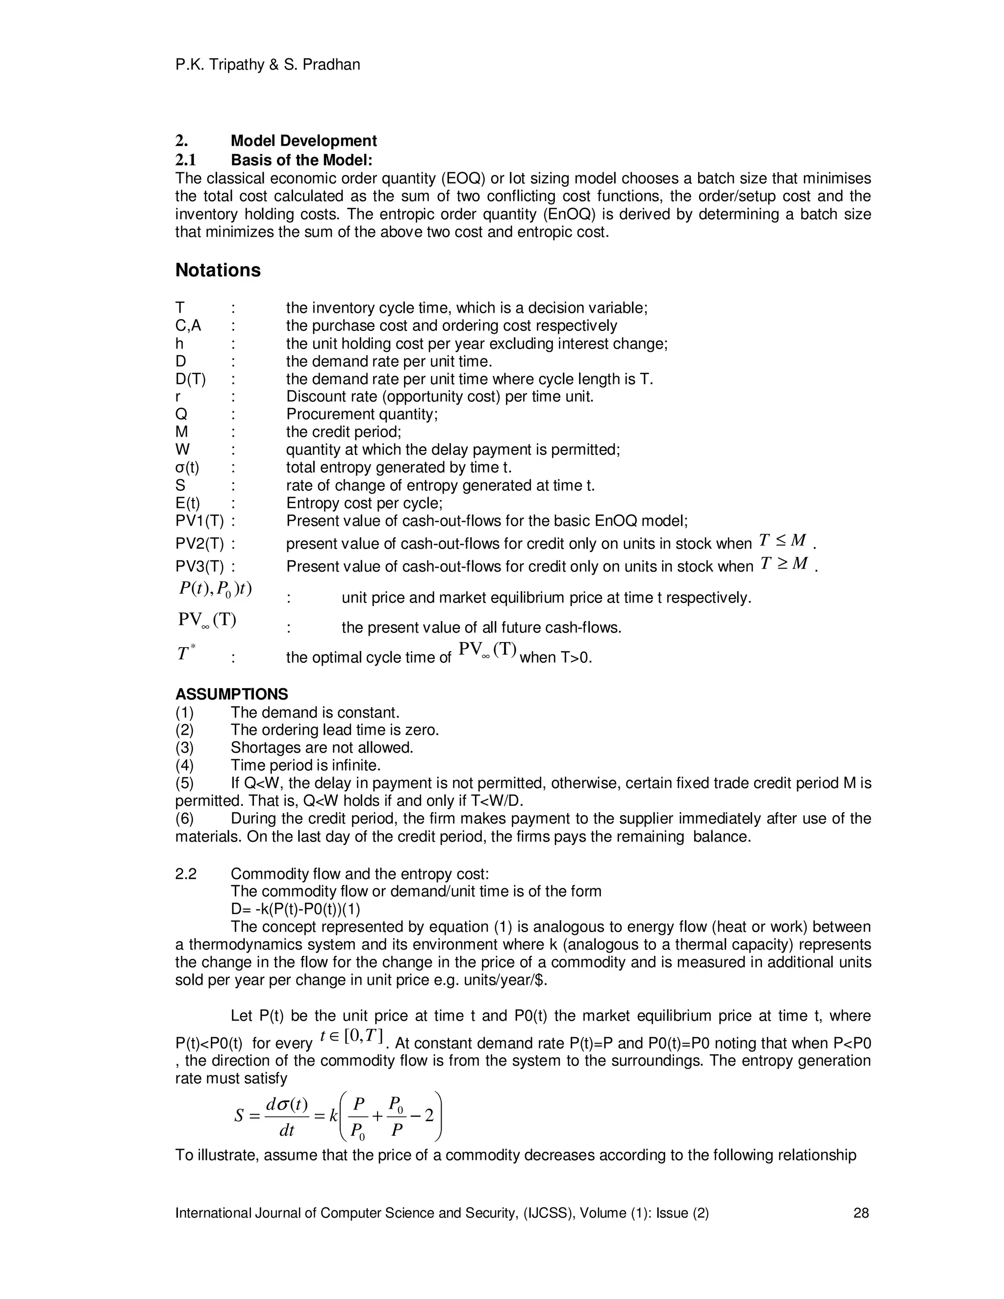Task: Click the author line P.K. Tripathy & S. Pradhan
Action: point(268,64)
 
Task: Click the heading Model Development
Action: point(303,141)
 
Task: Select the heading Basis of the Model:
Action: point(301,160)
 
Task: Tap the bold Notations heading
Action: point(218,270)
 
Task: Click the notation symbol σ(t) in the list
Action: point(187,468)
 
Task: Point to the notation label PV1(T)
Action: point(199,521)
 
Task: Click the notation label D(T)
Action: point(190,379)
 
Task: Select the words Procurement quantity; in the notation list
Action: point(362,414)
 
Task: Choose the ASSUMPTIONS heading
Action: point(231,694)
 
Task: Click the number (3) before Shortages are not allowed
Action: point(184,747)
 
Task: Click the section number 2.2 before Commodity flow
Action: point(186,874)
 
